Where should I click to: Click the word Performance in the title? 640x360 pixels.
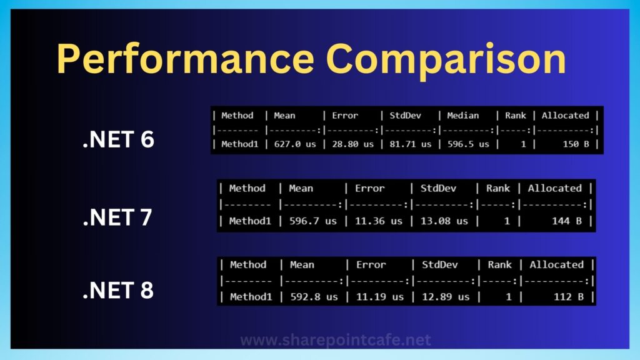(x=186, y=58)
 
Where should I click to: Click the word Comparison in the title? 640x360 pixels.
(x=446, y=59)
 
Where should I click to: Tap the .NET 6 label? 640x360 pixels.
(x=118, y=139)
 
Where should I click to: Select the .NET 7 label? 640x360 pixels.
(x=117, y=217)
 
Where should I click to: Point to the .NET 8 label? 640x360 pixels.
(x=118, y=290)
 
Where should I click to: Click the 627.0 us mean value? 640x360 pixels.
(x=295, y=144)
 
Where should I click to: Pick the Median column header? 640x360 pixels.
(x=463, y=116)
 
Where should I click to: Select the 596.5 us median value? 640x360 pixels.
(x=468, y=144)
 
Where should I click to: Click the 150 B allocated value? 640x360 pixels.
(x=576, y=144)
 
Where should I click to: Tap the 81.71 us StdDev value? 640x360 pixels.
(x=410, y=144)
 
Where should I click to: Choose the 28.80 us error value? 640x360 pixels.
(x=352, y=144)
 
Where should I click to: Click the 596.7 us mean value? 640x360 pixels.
(x=313, y=221)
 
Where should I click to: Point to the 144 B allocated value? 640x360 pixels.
(x=567, y=221)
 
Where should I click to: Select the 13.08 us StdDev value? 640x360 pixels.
(x=444, y=221)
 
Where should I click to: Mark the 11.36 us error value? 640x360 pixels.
(x=378, y=221)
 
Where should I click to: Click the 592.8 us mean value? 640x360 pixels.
(x=314, y=297)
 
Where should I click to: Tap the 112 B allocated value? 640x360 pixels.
(x=569, y=297)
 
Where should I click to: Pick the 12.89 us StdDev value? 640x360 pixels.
(x=446, y=297)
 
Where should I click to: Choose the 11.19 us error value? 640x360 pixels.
(x=380, y=297)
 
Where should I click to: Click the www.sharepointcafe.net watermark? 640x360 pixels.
(x=336, y=340)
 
